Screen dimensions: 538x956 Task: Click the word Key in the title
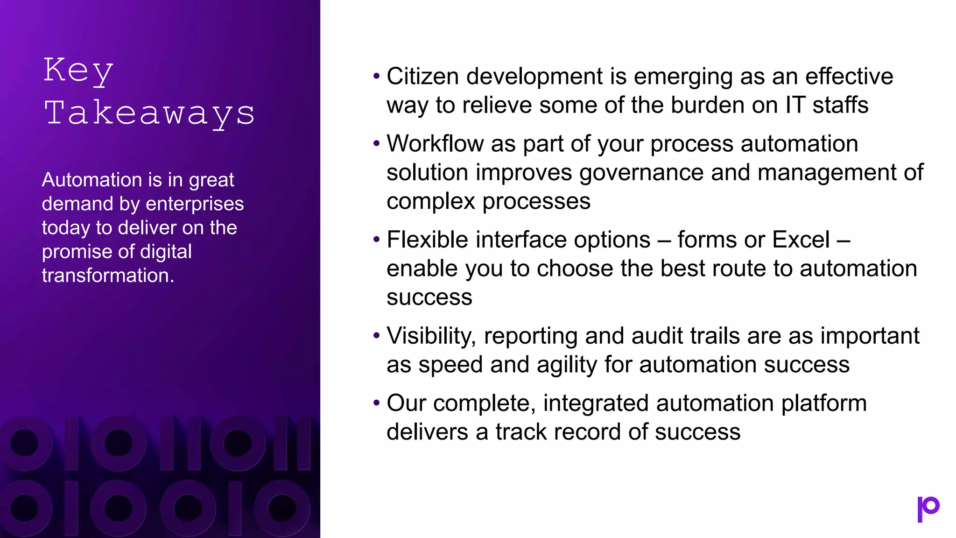(78, 71)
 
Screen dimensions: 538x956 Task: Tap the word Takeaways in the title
(149, 113)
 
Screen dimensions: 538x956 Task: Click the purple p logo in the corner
(928, 509)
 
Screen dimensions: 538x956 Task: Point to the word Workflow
(435, 143)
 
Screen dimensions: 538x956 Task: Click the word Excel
(801, 240)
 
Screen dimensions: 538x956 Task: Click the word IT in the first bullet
(795, 105)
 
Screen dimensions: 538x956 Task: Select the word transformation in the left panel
(108, 276)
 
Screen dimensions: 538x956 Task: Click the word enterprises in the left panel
(195, 204)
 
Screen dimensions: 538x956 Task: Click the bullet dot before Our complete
(376, 403)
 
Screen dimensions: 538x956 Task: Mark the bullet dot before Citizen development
(376, 76)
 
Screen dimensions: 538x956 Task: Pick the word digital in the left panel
(166, 252)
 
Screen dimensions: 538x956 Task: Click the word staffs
(840, 105)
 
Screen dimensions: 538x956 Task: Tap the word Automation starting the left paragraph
(92, 180)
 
